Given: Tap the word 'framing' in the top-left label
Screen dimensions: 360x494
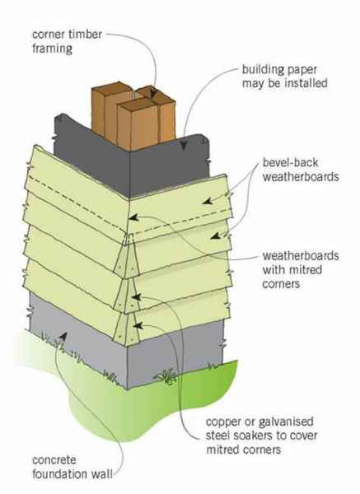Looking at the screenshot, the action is point(53,49).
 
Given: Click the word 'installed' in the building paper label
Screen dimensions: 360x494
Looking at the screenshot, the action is point(306,83).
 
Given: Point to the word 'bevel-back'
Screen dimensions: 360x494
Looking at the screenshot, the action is point(290,162).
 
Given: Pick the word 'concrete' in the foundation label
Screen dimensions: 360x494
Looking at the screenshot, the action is point(54,460).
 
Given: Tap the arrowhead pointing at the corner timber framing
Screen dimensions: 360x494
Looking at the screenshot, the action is point(153,93).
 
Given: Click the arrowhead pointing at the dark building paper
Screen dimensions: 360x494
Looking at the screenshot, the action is point(184,144).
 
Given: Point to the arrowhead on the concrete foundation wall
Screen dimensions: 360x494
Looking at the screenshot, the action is point(63,336).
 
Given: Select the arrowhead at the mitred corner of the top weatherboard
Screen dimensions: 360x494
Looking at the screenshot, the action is point(133,217).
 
